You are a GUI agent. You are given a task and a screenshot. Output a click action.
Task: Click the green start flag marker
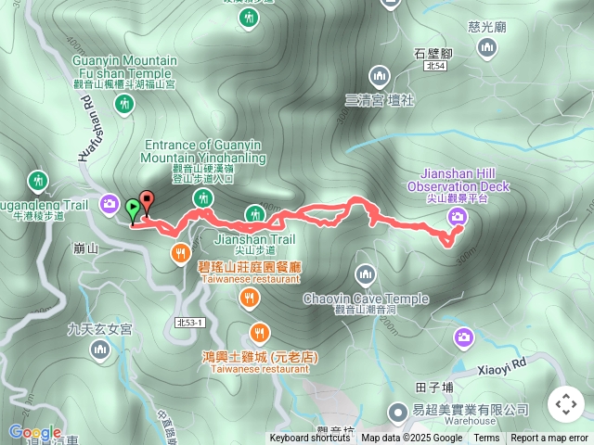[134, 209]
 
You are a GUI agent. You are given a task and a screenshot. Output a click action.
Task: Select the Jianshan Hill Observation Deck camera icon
[457, 217]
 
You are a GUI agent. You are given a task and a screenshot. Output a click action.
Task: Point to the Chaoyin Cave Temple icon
[366, 273]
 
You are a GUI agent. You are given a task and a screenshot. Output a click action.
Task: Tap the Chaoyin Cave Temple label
[366, 299]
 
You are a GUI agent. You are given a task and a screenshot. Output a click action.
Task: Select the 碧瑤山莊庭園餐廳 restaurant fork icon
[180, 251]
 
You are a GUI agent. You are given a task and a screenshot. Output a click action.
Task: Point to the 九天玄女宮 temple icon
[99, 349]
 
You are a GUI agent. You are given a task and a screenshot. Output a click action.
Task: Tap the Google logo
[34, 432]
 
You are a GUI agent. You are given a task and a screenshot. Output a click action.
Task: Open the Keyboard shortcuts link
[310, 439]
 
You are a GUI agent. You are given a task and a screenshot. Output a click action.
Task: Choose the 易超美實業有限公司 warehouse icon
[397, 410]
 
